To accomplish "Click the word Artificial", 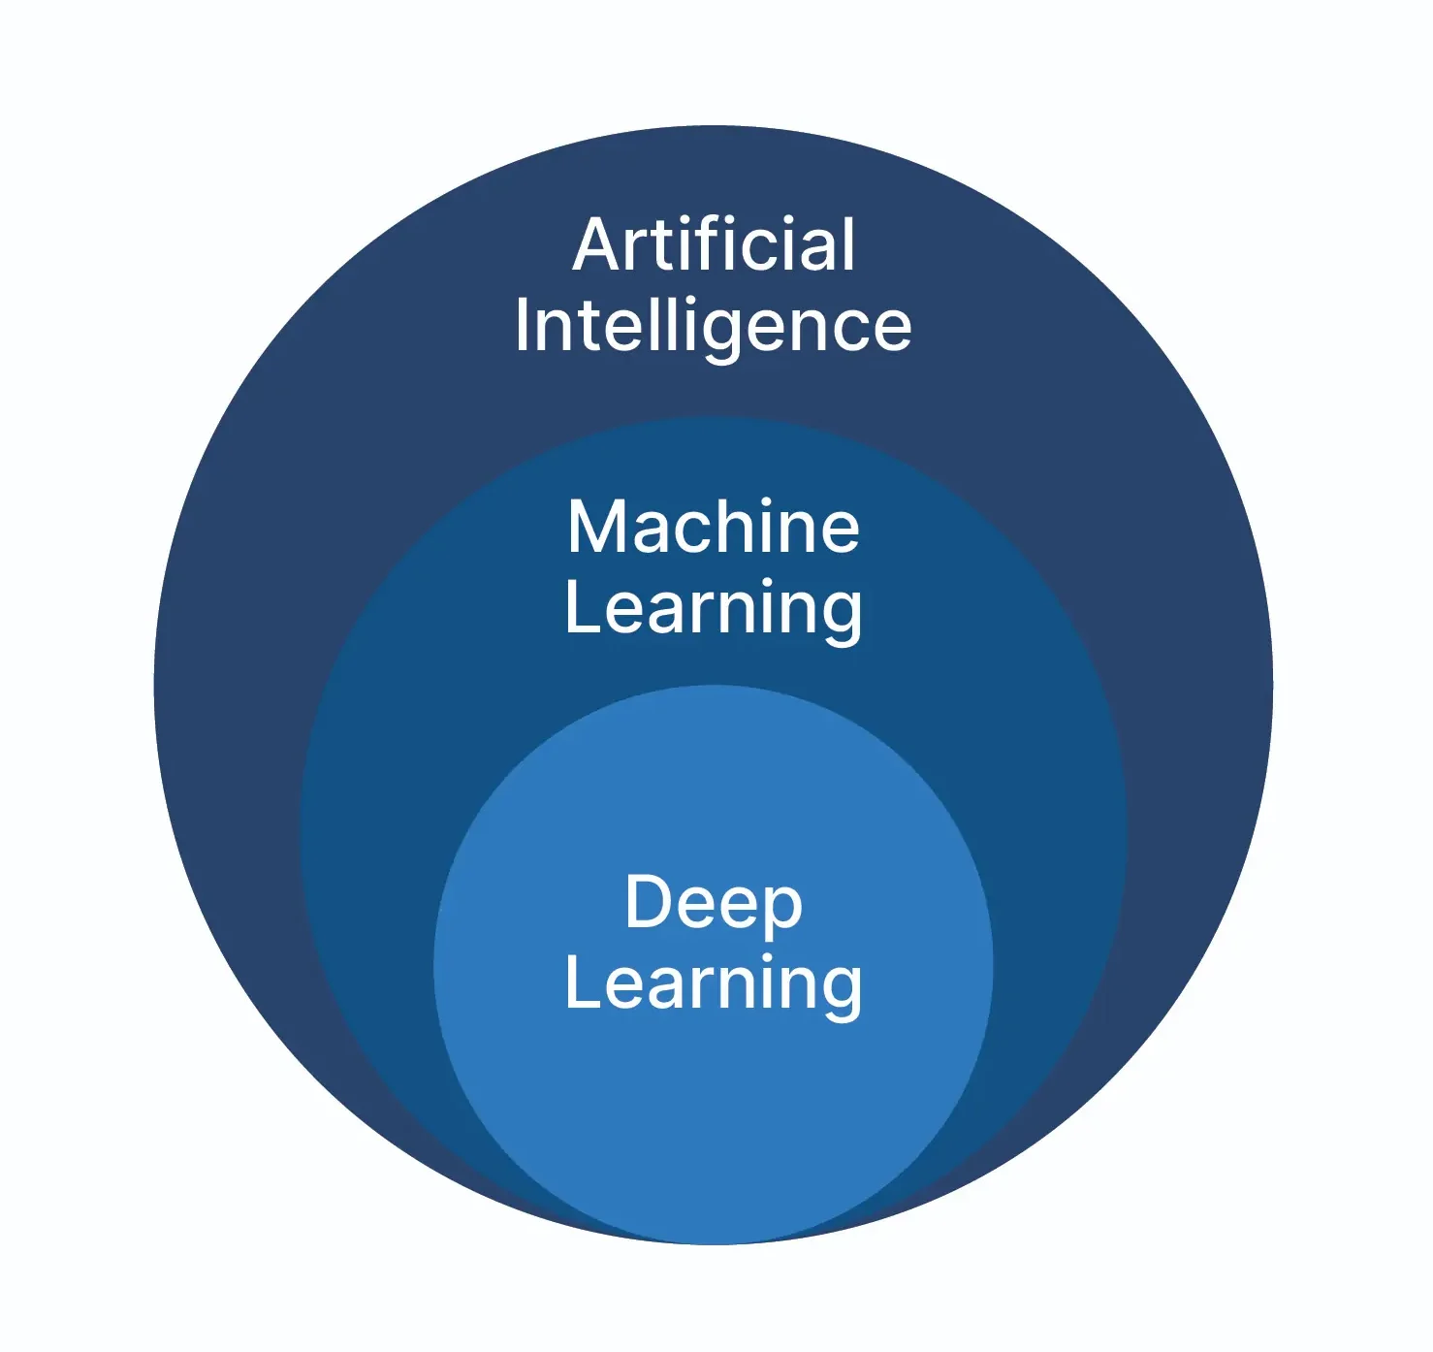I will pyautogui.click(x=714, y=244).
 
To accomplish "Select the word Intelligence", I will pyautogui.click(x=713, y=327).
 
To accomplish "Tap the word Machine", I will pyautogui.click(x=714, y=528).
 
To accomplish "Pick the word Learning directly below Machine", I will pyautogui.click(x=713, y=608).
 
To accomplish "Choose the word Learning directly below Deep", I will pyautogui.click(x=713, y=983).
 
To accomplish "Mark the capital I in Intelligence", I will pyautogui.click(x=522, y=326).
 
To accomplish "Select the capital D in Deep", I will pyautogui.click(x=649, y=903).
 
